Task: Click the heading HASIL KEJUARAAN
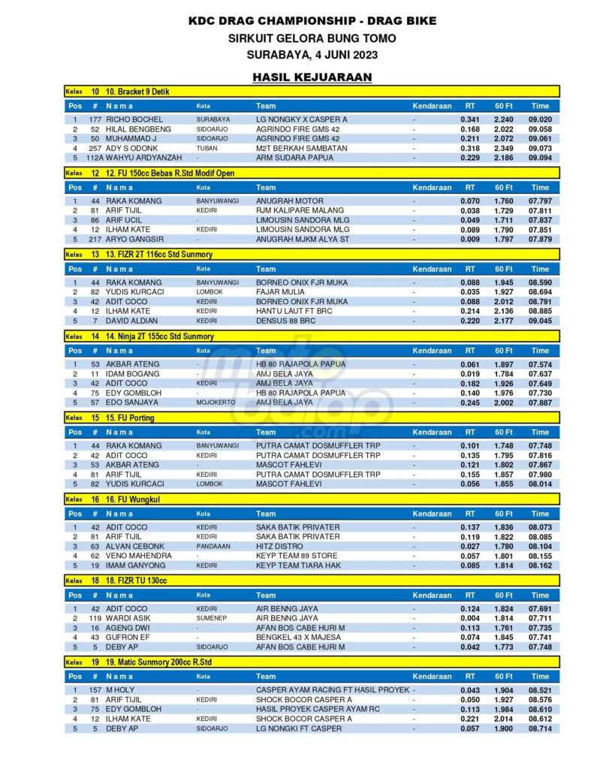click(x=312, y=77)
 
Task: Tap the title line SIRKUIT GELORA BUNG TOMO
click(x=312, y=38)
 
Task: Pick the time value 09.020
click(x=540, y=119)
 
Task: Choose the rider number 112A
click(x=95, y=158)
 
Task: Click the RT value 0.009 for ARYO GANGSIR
click(x=470, y=239)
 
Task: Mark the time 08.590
click(x=540, y=282)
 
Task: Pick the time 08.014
click(x=540, y=484)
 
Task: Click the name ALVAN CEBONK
click(x=137, y=547)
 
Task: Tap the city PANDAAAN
click(x=213, y=547)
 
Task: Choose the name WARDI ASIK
click(x=131, y=618)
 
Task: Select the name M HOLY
click(x=120, y=690)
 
